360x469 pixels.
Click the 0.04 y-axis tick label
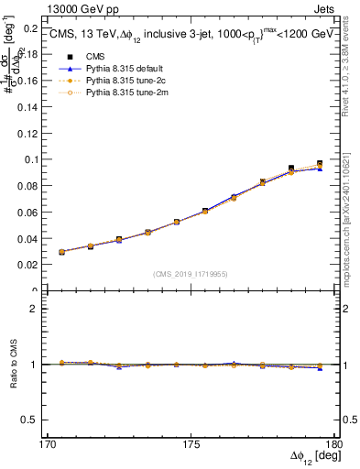tap(27, 239)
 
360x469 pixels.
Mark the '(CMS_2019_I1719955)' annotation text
tap(191, 273)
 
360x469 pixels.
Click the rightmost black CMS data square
tap(320, 164)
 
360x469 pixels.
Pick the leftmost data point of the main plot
tap(61, 252)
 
